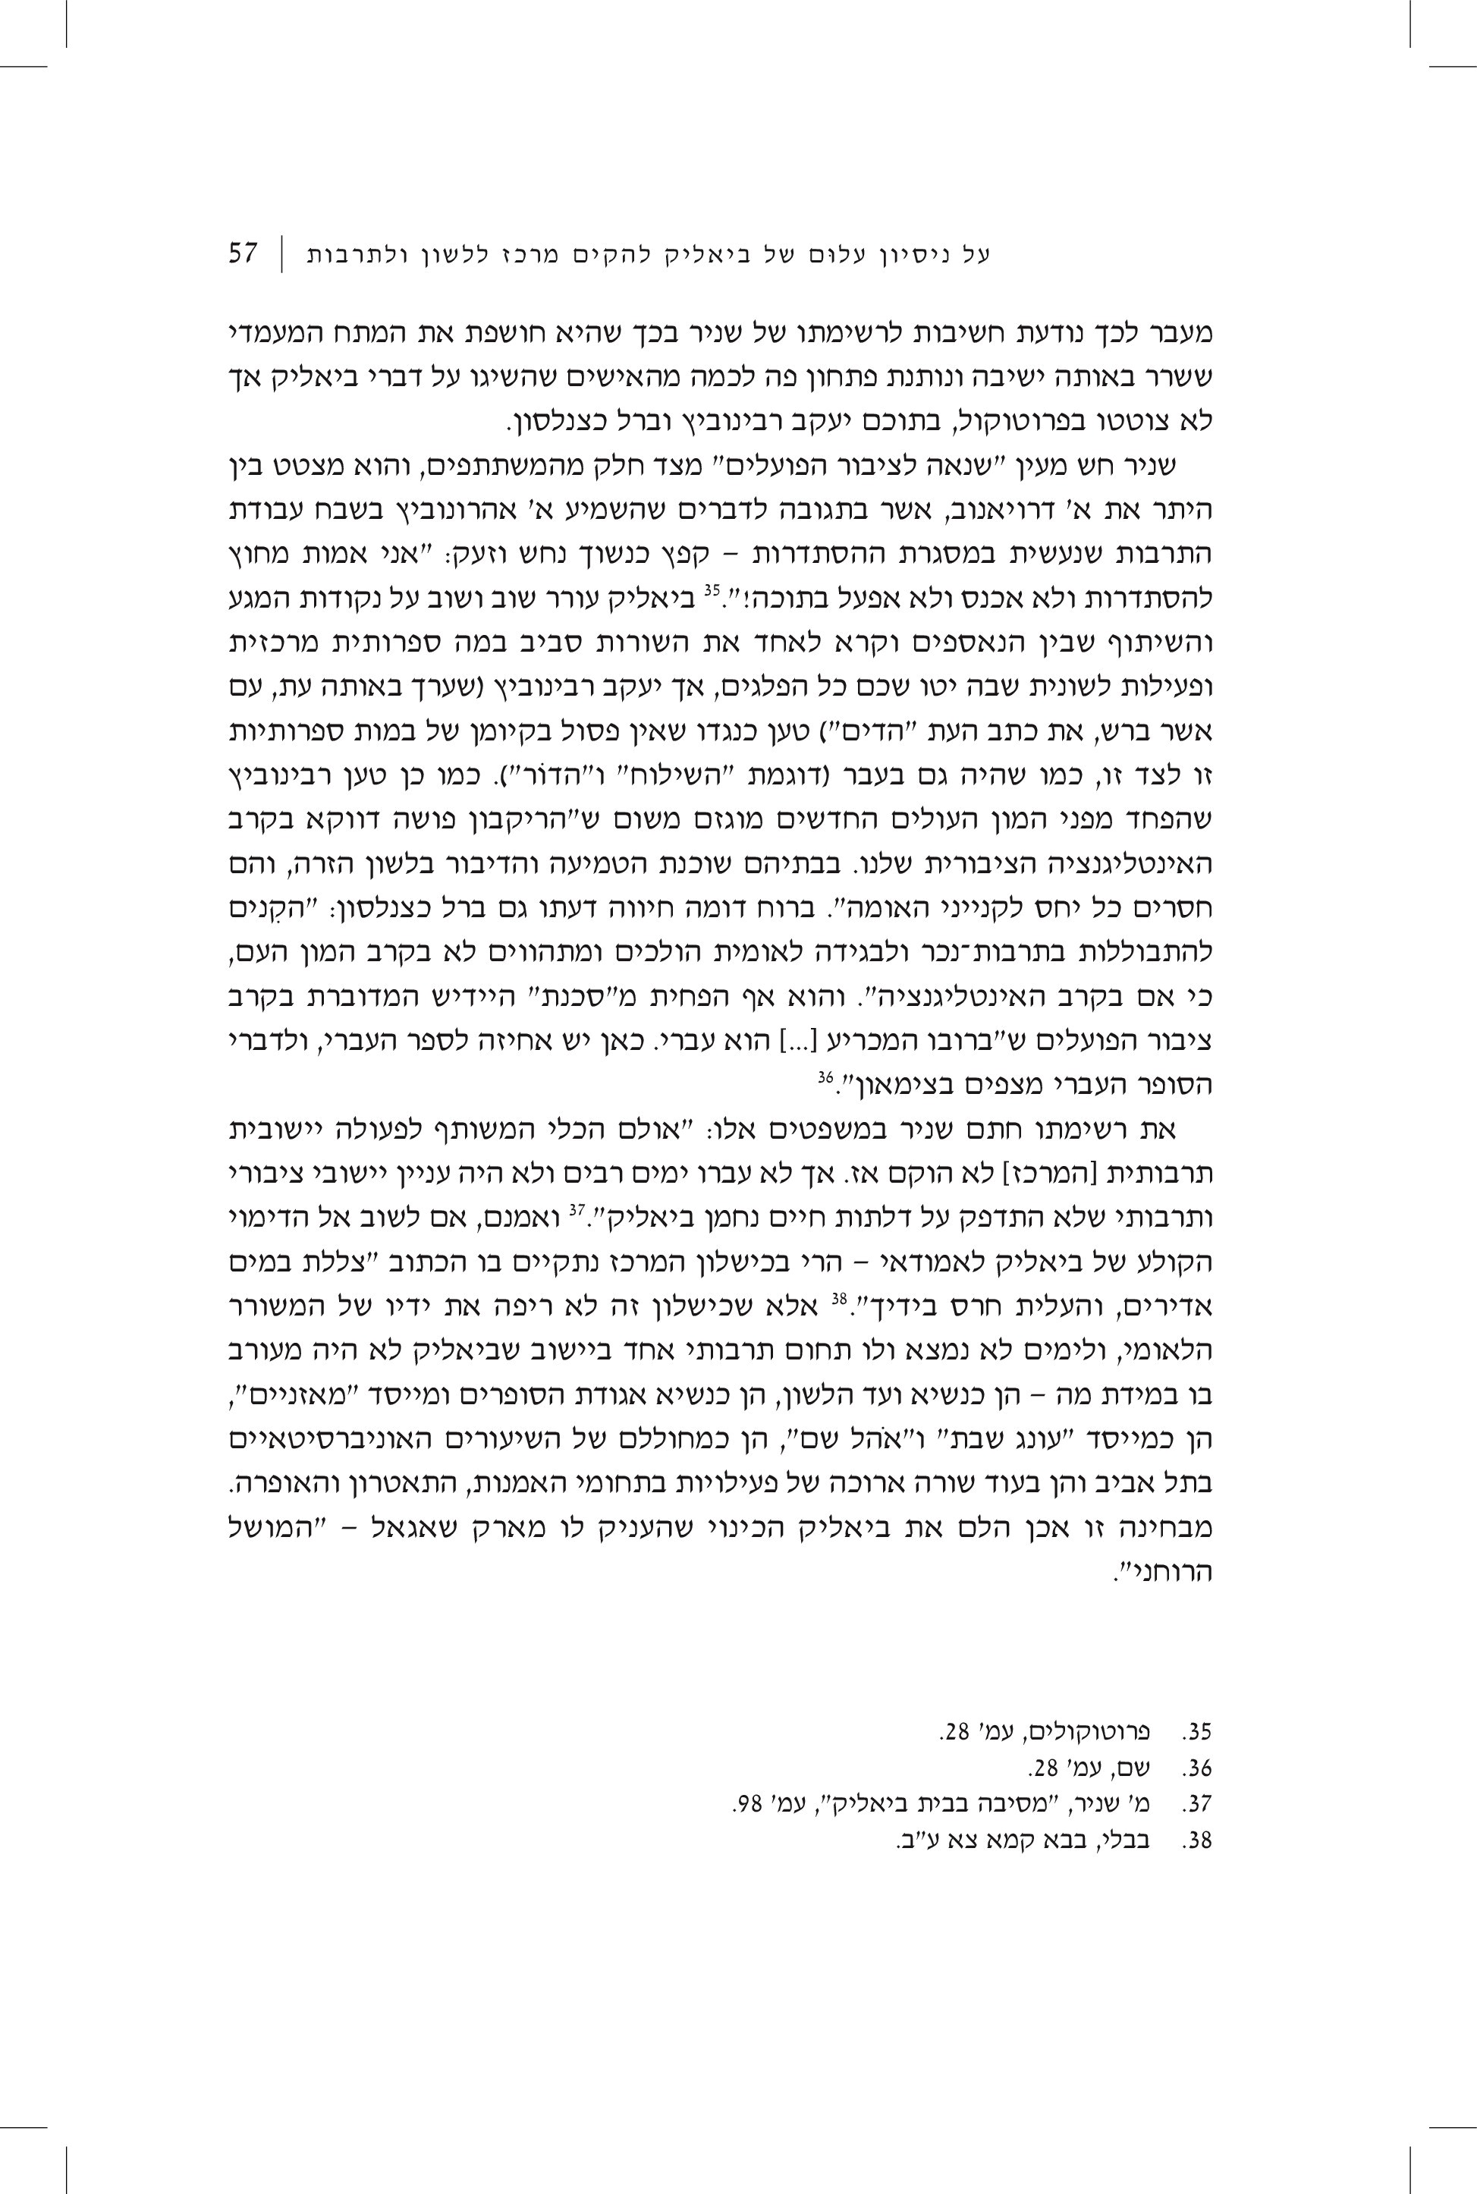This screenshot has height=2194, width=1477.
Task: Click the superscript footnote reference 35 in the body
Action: coord(712,592)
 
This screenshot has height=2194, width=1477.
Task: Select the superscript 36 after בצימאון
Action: coord(825,1076)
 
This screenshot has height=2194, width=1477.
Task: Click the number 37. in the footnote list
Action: coord(1197,1803)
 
